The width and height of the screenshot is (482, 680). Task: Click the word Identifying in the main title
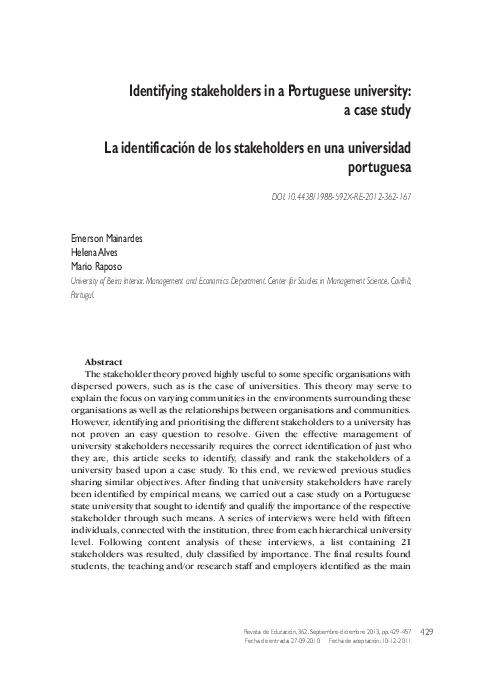pyautogui.click(x=164, y=90)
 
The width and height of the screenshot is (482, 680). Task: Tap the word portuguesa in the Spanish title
pyautogui.click(x=379, y=166)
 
